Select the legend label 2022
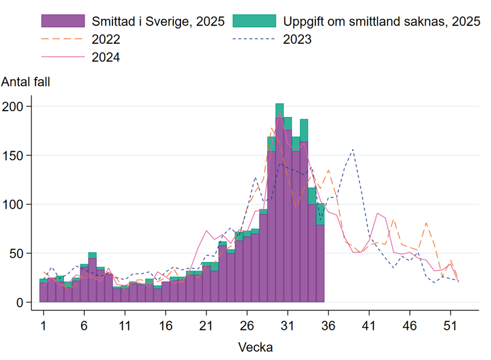(x=106, y=40)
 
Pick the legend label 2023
(x=297, y=40)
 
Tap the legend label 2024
(x=106, y=57)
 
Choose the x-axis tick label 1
(x=43, y=325)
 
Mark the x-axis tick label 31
(x=288, y=325)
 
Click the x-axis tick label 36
(x=328, y=325)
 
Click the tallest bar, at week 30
(x=280, y=207)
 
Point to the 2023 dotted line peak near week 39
(x=353, y=150)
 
